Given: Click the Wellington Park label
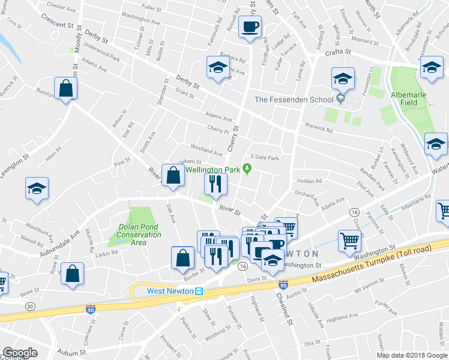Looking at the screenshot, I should point(212,170).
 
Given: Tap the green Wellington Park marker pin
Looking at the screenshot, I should point(246,170).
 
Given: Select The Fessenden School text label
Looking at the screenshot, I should point(294,100).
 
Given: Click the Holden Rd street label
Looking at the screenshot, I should point(309,181).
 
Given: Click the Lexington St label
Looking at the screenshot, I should point(14,166).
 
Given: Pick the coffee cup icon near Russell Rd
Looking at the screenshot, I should point(249,27).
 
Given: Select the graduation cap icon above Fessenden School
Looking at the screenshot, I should point(342,79).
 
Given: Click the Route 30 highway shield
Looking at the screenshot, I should point(29,306).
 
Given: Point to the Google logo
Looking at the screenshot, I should point(20,353).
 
